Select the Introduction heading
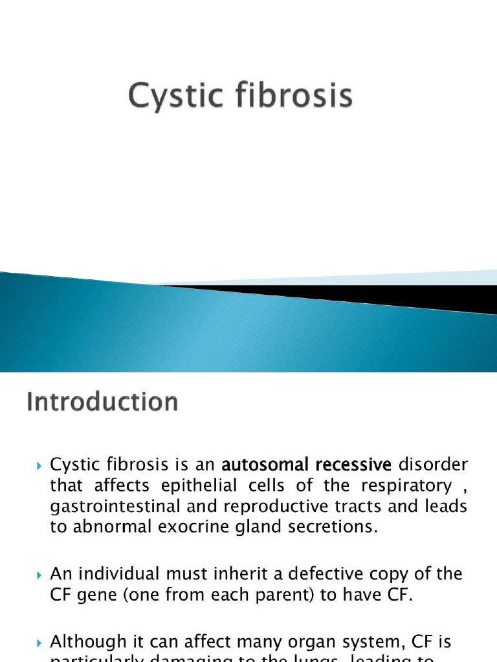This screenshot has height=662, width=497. (x=102, y=401)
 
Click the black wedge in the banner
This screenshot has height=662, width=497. (x=388, y=296)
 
